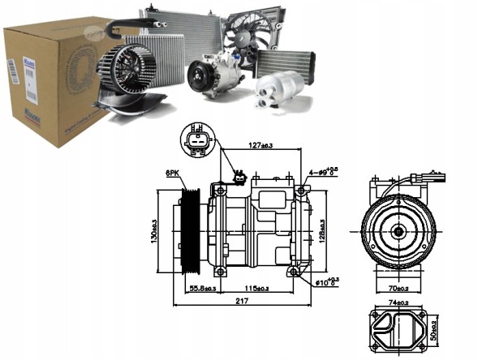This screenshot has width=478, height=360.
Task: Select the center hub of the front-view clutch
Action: [x=398, y=230]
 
